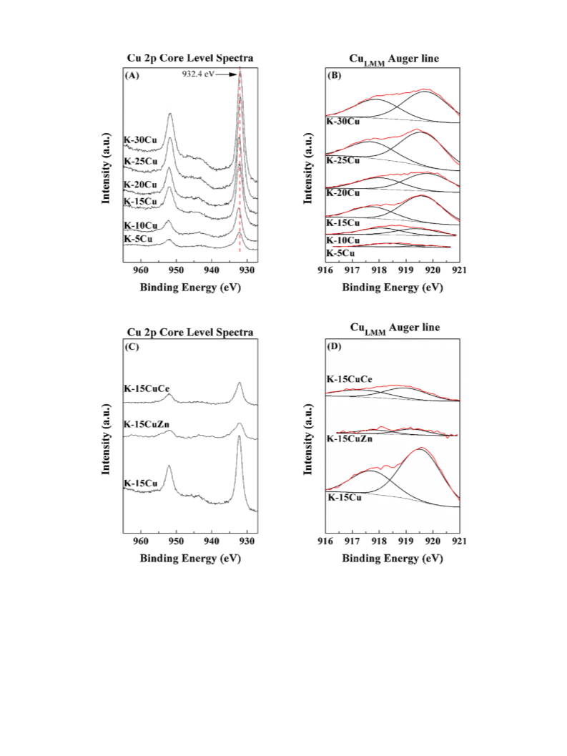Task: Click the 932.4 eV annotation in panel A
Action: pyautogui.click(x=197, y=74)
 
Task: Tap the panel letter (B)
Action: pyautogui.click(x=334, y=75)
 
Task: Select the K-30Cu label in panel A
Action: pyautogui.click(x=140, y=140)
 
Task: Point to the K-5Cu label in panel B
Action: pyautogui.click(x=340, y=253)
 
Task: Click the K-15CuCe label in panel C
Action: pyautogui.click(x=147, y=388)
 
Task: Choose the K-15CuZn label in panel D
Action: pyautogui.click(x=350, y=438)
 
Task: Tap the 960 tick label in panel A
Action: pyautogui.click(x=141, y=270)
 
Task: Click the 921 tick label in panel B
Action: pyautogui.click(x=459, y=270)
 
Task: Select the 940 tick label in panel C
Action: pyautogui.click(x=212, y=541)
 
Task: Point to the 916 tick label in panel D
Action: pyautogui.click(x=325, y=541)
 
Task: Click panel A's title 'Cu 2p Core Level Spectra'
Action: pyautogui.click(x=190, y=59)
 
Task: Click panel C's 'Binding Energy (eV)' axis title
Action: pyautogui.click(x=190, y=559)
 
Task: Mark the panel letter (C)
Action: pyautogui.click(x=132, y=347)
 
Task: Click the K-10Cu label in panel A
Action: pyautogui.click(x=141, y=225)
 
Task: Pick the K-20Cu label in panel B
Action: pyautogui.click(x=342, y=193)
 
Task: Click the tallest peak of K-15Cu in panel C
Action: pyautogui.click(x=239, y=437)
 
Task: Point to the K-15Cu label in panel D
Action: pyautogui.click(x=344, y=498)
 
